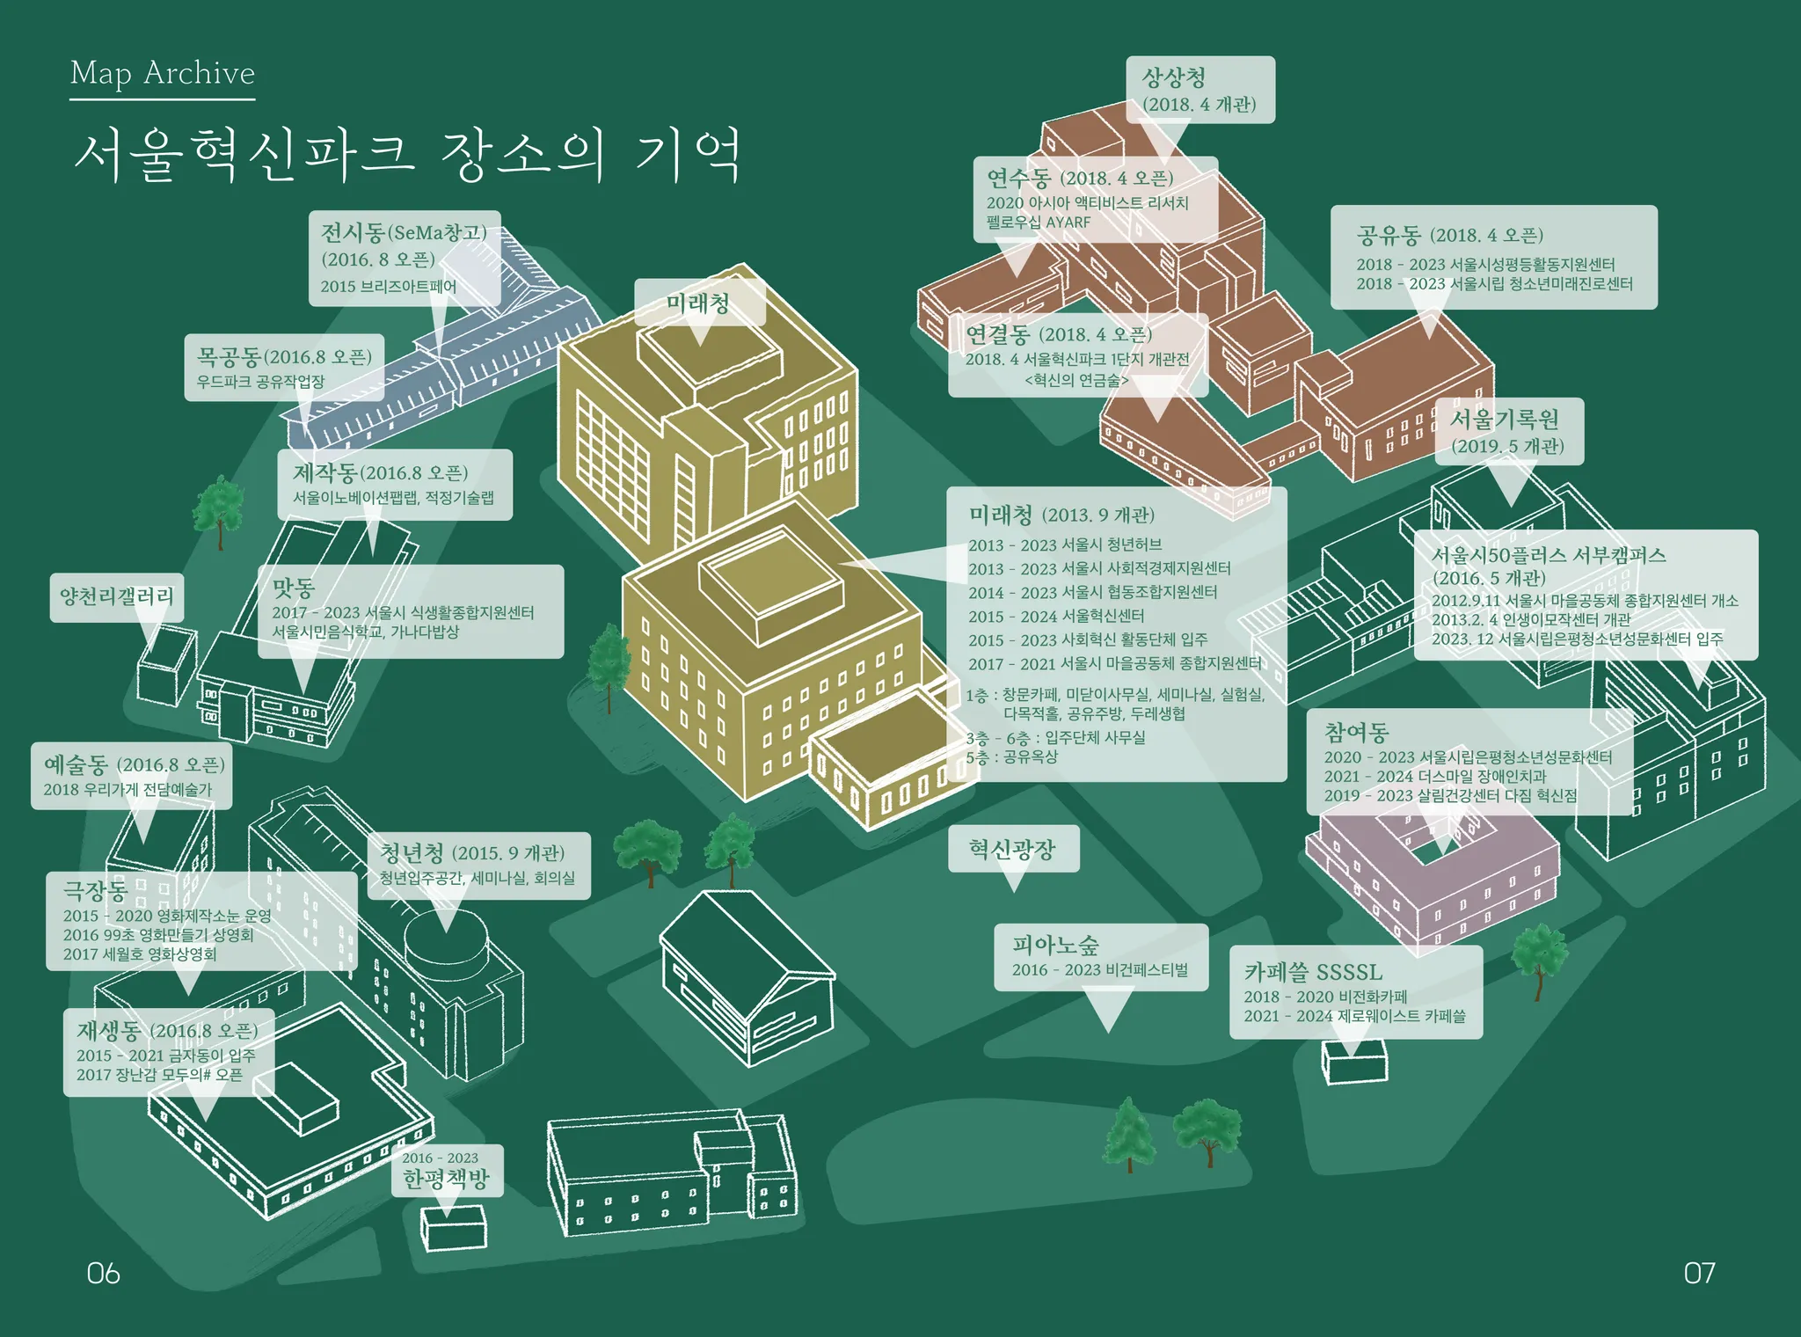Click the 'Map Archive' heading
(x=163, y=73)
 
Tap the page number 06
(x=103, y=1273)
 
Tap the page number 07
(x=1699, y=1273)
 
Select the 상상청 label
(x=1175, y=78)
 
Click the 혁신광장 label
(x=1012, y=849)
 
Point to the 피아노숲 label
(x=1055, y=946)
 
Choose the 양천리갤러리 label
(x=117, y=596)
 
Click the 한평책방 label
(x=446, y=1179)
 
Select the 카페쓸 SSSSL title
(x=1313, y=972)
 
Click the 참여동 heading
(x=1356, y=732)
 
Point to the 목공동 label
(x=229, y=356)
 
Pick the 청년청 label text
(x=412, y=852)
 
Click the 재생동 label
(x=108, y=1030)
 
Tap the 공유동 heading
(x=1389, y=235)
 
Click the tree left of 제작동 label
(x=218, y=508)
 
